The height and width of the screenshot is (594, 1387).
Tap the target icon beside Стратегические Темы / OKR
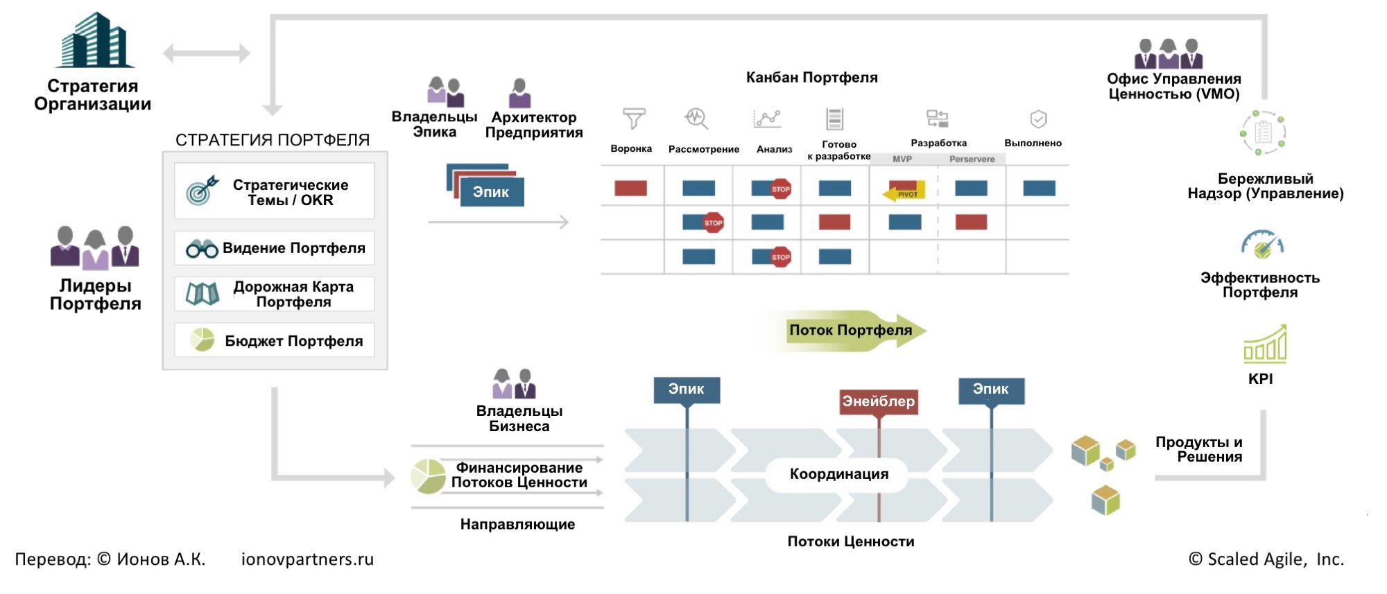(202, 190)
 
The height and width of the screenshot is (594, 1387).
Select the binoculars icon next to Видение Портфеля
(202, 249)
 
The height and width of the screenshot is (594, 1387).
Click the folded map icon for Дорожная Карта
(203, 294)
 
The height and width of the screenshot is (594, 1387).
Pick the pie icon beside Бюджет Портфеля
(203, 340)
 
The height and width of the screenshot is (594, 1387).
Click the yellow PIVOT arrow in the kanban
(904, 193)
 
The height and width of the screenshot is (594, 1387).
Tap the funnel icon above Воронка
(633, 119)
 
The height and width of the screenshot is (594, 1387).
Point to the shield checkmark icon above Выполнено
(1037, 119)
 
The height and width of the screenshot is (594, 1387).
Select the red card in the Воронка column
(630, 188)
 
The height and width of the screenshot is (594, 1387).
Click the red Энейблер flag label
(878, 401)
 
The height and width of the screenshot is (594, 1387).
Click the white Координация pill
(838, 474)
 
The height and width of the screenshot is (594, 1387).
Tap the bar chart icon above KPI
(1265, 344)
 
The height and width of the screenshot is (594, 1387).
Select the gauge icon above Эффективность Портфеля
(1262, 244)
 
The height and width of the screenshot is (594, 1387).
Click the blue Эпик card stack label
(491, 192)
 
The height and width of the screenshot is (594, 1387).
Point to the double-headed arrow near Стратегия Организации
(206, 53)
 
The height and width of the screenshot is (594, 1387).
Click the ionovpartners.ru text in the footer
(307, 559)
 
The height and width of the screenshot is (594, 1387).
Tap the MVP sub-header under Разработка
(902, 159)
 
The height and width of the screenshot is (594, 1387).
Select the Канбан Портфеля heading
(811, 78)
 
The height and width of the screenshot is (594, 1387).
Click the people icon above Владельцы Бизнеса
(514, 384)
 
